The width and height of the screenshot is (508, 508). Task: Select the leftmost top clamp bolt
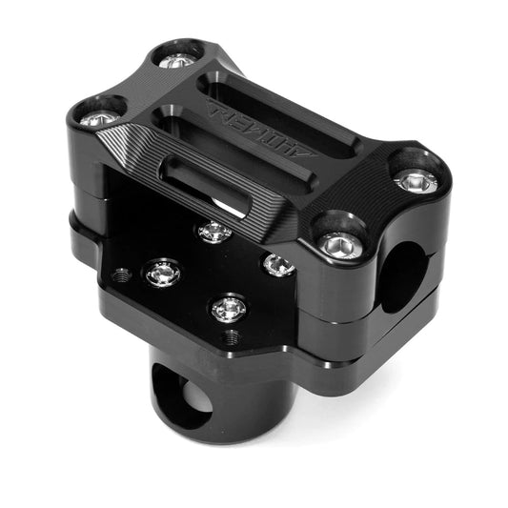(x=97, y=120)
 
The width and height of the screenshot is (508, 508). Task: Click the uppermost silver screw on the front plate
(x=214, y=231)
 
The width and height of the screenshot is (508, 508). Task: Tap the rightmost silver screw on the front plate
(x=277, y=264)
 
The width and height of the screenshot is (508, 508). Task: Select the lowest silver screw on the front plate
(x=228, y=307)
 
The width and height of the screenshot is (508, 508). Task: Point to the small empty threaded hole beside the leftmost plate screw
(x=122, y=276)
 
